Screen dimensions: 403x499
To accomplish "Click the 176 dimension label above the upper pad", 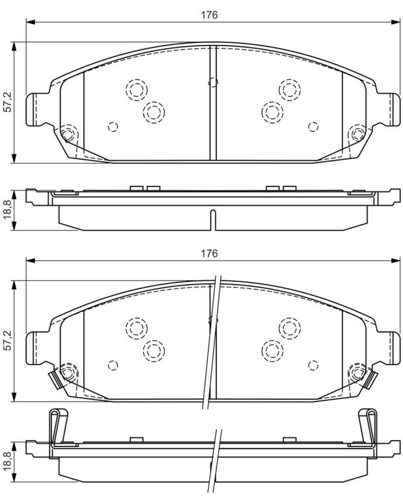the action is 209,15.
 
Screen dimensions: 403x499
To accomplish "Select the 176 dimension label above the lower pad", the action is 209,253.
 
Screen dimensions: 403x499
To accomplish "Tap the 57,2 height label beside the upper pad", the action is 7,101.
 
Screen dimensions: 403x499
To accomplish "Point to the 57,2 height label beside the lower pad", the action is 7,340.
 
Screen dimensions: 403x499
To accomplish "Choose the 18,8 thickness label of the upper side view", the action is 7,209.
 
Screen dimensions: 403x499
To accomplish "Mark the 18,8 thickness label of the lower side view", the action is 7,461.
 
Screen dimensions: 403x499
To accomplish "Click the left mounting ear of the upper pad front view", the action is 35,109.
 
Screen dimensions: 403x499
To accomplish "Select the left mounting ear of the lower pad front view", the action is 35,348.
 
